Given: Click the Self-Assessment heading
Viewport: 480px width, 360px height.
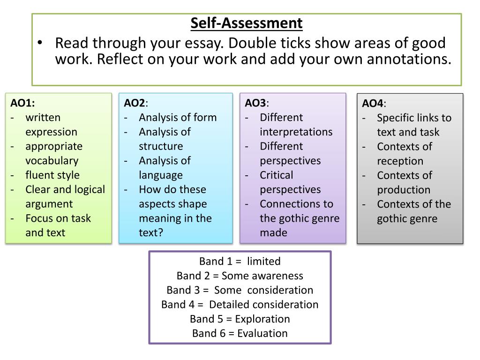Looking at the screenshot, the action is (247, 23).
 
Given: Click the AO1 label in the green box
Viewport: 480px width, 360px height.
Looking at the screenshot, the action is (23, 103).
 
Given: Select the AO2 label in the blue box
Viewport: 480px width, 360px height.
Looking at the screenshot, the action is (135, 103).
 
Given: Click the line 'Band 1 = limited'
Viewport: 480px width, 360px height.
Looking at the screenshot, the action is (240, 261).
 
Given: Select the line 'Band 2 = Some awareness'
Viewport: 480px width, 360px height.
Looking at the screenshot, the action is (240, 276).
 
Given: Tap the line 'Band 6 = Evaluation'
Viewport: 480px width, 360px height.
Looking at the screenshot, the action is (240, 333).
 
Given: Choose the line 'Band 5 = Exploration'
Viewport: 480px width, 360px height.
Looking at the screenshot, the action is (240, 319).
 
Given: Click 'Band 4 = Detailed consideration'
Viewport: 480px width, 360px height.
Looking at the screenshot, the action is (240, 304).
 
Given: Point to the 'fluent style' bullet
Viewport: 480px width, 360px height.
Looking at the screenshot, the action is (52, 175).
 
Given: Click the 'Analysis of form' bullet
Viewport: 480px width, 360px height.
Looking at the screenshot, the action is (178, 117).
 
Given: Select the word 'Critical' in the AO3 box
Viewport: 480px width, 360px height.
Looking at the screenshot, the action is (277, 175).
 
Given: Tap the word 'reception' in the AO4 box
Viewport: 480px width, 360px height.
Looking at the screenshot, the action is (400, 161).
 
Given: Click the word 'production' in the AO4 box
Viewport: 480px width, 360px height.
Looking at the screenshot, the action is (404, 190).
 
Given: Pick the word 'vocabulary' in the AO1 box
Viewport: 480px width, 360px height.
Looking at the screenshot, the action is (52, 160).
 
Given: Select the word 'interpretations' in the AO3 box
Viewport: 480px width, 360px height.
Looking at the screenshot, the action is (296, 132).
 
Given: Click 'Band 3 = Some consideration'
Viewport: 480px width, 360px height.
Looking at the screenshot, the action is (240, 290).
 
